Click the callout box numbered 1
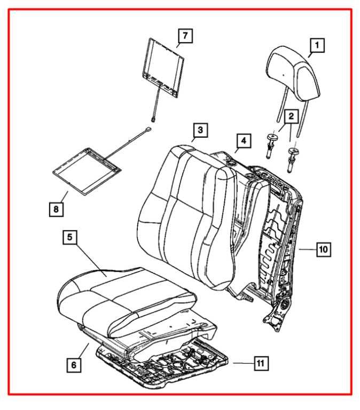coord(317,46)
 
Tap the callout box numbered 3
coord(199,130)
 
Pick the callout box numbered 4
coord(243,141)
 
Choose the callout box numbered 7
coord(185,36)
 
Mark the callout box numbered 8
coord(56,209)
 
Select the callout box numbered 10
coord(324,248)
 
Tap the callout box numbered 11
coord(260,364)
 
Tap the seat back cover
coord(187,214)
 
